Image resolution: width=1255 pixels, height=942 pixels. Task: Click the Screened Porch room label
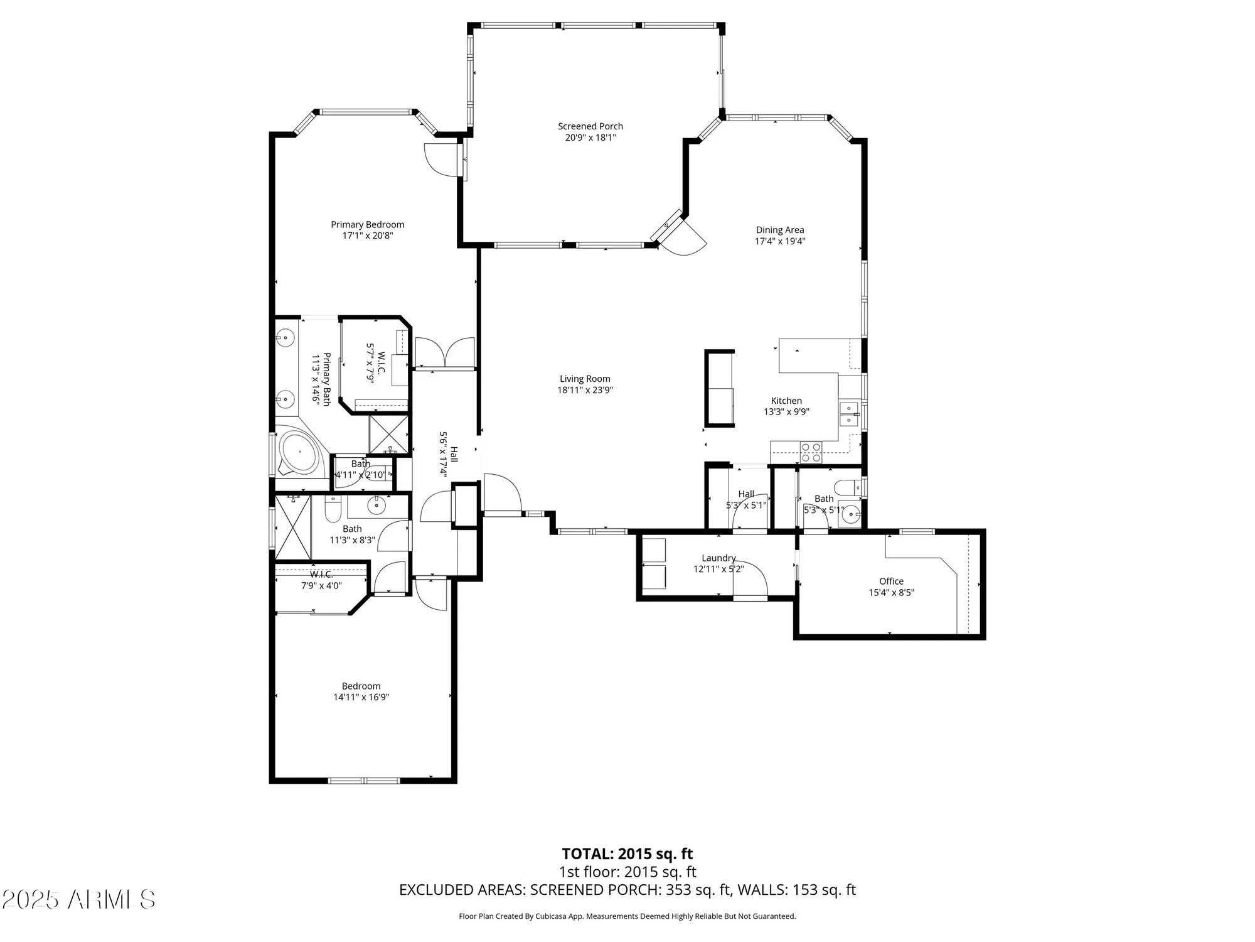click(590, 126)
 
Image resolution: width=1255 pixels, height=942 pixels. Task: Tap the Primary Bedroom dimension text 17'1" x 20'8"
click(368, 236)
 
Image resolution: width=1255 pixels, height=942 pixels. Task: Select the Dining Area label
click(779, 230)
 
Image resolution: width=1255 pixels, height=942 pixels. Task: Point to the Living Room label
click(585, 379)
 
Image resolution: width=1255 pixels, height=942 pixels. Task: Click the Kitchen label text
click(786, 401)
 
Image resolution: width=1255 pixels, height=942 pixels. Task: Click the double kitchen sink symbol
click(848, 414)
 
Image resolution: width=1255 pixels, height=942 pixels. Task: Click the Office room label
click(891, 582)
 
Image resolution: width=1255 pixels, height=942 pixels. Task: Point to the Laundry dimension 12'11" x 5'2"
click(718, 570)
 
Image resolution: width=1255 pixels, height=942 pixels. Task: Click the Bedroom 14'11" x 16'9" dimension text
click(361, 697)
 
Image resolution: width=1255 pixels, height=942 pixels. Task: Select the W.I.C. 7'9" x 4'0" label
click(321, 580)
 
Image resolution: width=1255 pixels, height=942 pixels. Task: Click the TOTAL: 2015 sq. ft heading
click(627, 854)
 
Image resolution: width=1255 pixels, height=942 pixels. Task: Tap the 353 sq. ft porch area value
click(698, 890)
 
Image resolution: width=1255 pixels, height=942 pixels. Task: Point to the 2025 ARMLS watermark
click(78, 900)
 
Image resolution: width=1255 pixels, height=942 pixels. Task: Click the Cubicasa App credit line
click(627, 916)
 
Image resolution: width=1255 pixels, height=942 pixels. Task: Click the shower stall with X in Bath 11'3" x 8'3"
click(293, 528)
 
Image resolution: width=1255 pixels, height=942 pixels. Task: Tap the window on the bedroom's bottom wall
click(364, 781)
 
